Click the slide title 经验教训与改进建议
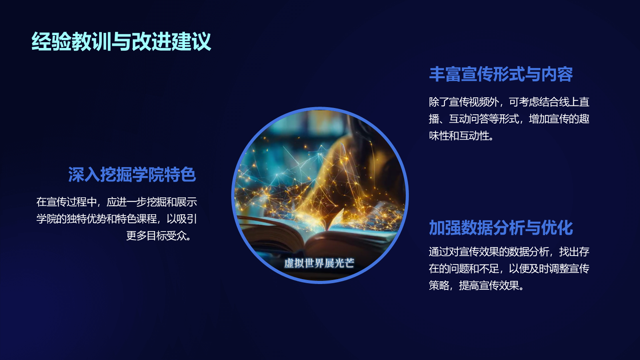click(121, 41)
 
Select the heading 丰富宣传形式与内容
click(501, 74)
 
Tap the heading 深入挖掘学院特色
click(132, 174)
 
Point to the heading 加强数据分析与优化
click(501, 228)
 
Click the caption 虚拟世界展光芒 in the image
click(319, 263)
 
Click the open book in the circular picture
click(317, 232)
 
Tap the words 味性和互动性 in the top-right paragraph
click(459, 136)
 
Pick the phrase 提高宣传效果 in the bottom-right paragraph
click(489, 285)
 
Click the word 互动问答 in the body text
click(469, 119)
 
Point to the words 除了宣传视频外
click(464, 102)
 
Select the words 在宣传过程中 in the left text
click(66, 202)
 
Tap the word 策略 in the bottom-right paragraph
click(439, 285)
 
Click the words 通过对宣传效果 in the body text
click(464, 252)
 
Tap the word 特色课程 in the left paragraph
click(136, 219)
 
